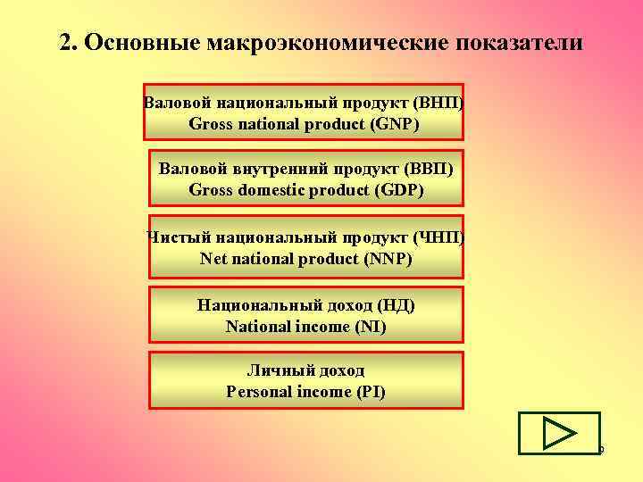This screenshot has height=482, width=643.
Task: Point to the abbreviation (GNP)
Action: click(395, 123)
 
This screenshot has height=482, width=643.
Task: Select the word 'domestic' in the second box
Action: click(268, 189)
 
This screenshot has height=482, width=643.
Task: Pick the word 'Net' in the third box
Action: click(214, 259)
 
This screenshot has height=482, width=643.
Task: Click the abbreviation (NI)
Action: click(371, 327)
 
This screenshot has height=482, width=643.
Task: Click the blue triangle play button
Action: click(559, 433)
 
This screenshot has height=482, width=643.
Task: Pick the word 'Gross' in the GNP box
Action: click(211, 123)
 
